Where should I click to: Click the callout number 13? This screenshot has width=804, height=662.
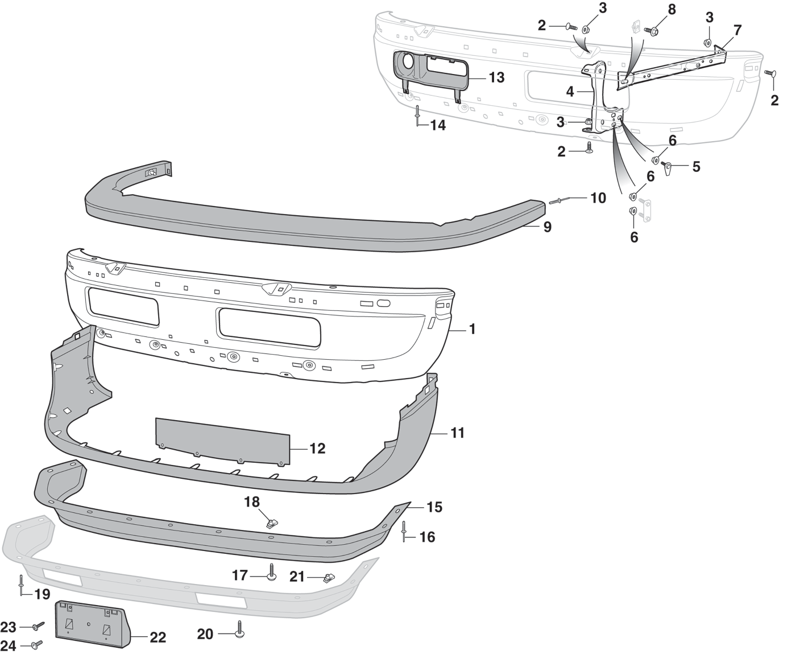[496, 77]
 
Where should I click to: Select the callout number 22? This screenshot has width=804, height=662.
[158, 637]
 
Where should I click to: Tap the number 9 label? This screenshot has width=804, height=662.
[547, 227]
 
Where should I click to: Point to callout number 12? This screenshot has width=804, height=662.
[317, 449]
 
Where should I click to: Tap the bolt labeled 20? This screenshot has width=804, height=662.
[239, 630]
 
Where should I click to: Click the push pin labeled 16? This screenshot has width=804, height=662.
[404, 531]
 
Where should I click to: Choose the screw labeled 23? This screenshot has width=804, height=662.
[38, 626]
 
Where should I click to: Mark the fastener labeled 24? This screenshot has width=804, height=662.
[37, 644]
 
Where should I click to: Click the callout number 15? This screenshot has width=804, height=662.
[434, 507]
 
